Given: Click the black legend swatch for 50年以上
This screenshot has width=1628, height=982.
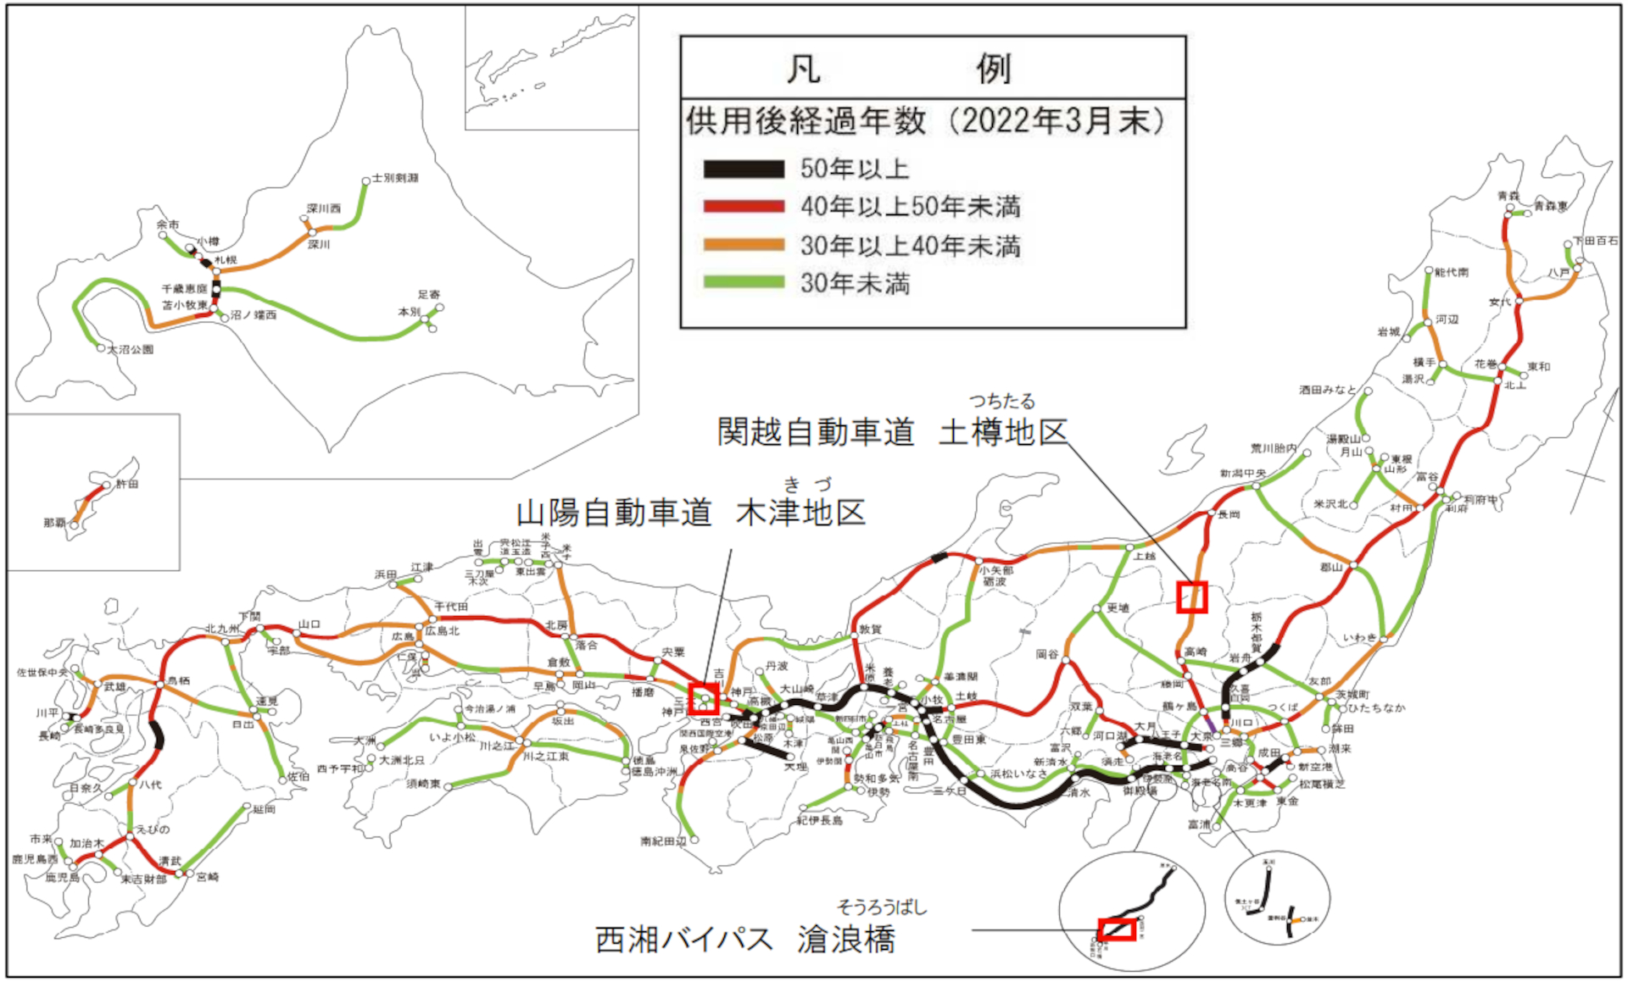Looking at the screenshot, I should pyautogui.click(x=743, y=169).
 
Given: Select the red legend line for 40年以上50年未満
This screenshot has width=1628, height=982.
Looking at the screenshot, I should pyautogui.click(x=743, y=206).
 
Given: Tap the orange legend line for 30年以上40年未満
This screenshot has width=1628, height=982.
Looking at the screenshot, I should pyautogui.click(x=743, y=245).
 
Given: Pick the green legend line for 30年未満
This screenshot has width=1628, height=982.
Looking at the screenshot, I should pyautogui.click(x=743, y=282).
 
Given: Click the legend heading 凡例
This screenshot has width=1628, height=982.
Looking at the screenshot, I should pyautogui.click(x=899, y=68).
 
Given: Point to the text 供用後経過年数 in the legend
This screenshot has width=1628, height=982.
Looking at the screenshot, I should pyautogui.click(x=806, y=122).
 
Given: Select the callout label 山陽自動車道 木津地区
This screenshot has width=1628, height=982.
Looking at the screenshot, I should pyautogui.click(x=691, y=512).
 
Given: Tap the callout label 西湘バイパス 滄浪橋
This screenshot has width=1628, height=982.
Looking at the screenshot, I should pyautogui.click(x=745, y=939).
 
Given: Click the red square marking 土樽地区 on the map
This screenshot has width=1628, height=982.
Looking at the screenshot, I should pyautogui.click(x=1191, y=597).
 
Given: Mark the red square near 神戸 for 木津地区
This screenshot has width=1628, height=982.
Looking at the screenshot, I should pyautogui.click(x=704, y=699).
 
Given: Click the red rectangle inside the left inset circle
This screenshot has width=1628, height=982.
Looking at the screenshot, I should pyautogui.click(x=1117, y=929).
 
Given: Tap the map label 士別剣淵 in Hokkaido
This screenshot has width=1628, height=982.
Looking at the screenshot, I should pyautogui.click(x=395, y=178).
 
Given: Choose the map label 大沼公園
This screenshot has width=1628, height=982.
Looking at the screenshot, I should pyautogui.click(x=131, y=349).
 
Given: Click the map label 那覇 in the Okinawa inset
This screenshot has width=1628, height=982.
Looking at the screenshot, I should pyautogui.click(x=55, y=523).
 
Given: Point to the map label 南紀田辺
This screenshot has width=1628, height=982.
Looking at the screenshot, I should pyautogui.click(x=663, y=841).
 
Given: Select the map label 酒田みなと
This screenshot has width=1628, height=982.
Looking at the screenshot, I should pyautogui.click(x=1328, y=390).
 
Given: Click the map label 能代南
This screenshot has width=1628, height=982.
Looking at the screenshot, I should pyautogui.click(x=1452, y=272).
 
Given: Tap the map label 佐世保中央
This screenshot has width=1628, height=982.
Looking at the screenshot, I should pyautogui.click(x=42, y=673).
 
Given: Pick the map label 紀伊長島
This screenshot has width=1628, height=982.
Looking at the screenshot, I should pyautogui.click(x=819, y=820).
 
